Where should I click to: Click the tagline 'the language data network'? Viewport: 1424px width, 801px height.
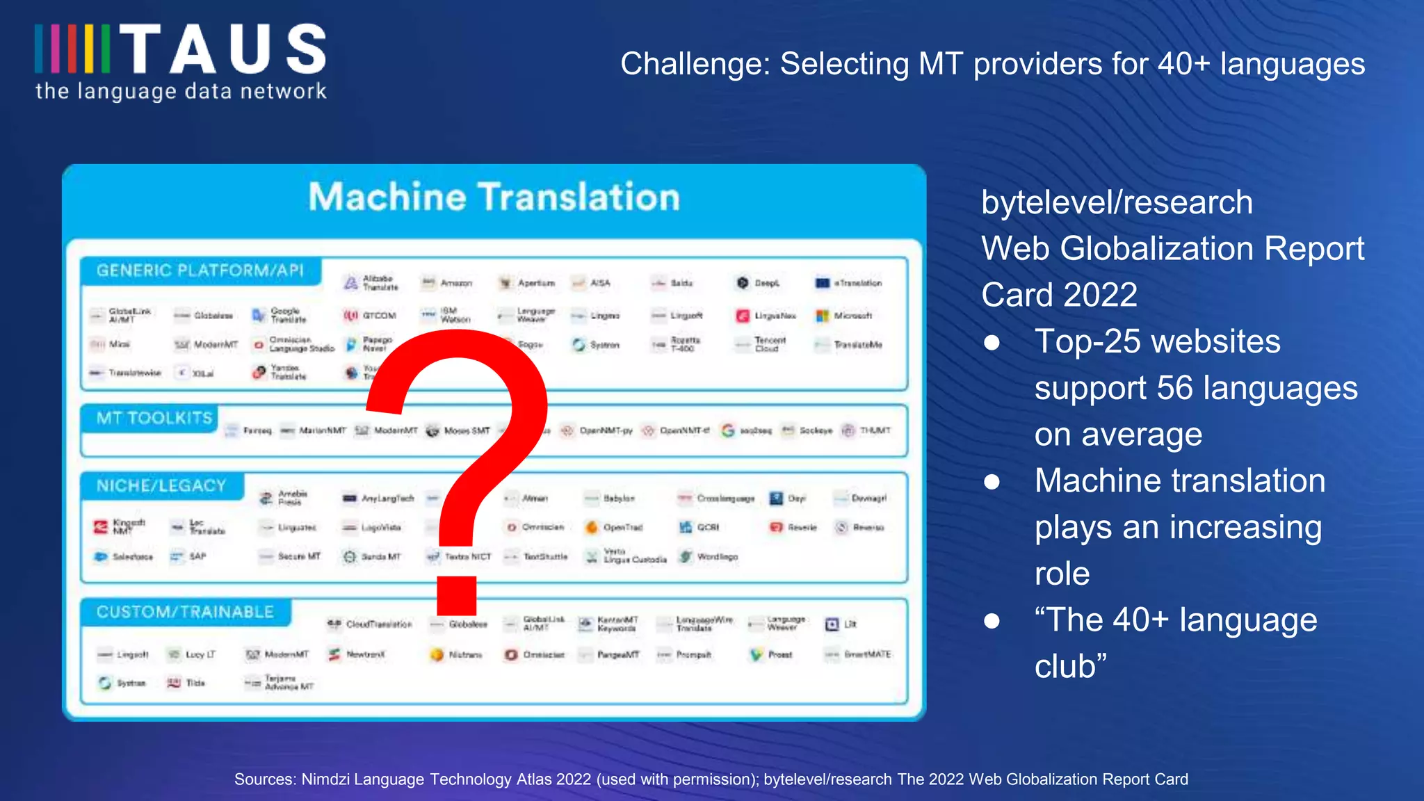[181, 91]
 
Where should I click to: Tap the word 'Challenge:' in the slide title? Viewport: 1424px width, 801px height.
[695, 64]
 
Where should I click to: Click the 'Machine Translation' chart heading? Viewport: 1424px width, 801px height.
[494, 197]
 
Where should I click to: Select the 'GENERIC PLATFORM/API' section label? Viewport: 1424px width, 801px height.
[200, 270]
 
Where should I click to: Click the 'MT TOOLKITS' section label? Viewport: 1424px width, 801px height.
[154, 418]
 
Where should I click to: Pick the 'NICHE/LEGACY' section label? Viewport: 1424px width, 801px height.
[161, 485]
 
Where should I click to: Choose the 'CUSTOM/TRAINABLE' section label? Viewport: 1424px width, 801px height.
[185, 612]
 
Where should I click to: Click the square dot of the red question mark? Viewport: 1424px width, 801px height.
[456, 596]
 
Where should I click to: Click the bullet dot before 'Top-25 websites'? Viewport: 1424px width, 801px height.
[992, 342]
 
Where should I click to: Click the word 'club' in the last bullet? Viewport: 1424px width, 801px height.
[1065, 666]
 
